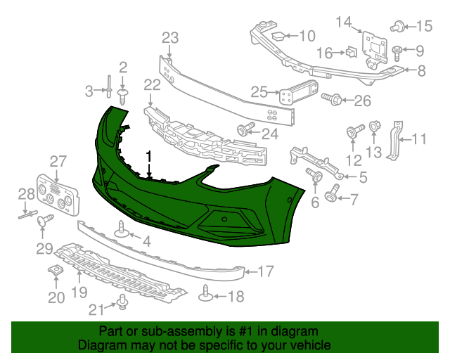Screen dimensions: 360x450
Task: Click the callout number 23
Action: tap(170, 37)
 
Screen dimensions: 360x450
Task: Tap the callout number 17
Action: tap(266, 271)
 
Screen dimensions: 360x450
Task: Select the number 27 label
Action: tap(57, 161)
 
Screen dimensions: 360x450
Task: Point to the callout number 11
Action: tap(419, 139)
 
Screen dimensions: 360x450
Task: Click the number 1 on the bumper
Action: tap(149, 156)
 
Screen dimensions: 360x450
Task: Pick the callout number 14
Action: tap(342, 23)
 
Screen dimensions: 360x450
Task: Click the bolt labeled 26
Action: tap(333, 101)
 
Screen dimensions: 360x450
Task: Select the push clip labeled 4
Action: tap(122, 231)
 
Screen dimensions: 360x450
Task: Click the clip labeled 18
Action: tap(206, 294)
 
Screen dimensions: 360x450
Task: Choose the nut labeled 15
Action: tap(398, 27)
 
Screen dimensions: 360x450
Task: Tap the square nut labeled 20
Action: tap(56, 272)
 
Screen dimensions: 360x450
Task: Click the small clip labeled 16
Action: tap(349, 51)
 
